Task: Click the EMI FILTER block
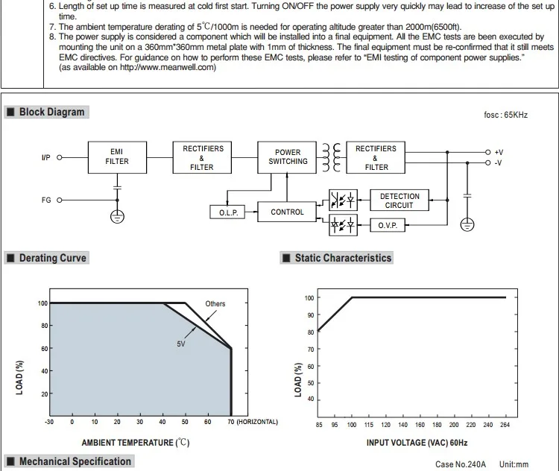pos(117,157)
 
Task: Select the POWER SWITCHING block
pos(288,157)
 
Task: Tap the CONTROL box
pos(287,212)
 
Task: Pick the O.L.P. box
pos(227,212)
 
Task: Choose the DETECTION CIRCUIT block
pos(399,200)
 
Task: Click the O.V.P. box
pos(388,225)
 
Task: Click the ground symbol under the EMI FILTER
pos(117,216)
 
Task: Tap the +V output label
pos(499,152)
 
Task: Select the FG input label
pos(47,200)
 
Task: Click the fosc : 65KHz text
pos(505,116)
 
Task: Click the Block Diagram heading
pos(51,112)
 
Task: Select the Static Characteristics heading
pos(343,258)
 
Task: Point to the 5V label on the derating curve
pos(181,344)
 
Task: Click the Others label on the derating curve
pos(215,303)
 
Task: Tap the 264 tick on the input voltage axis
pos(506,426)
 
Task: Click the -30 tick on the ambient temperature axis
pos(49,422)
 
